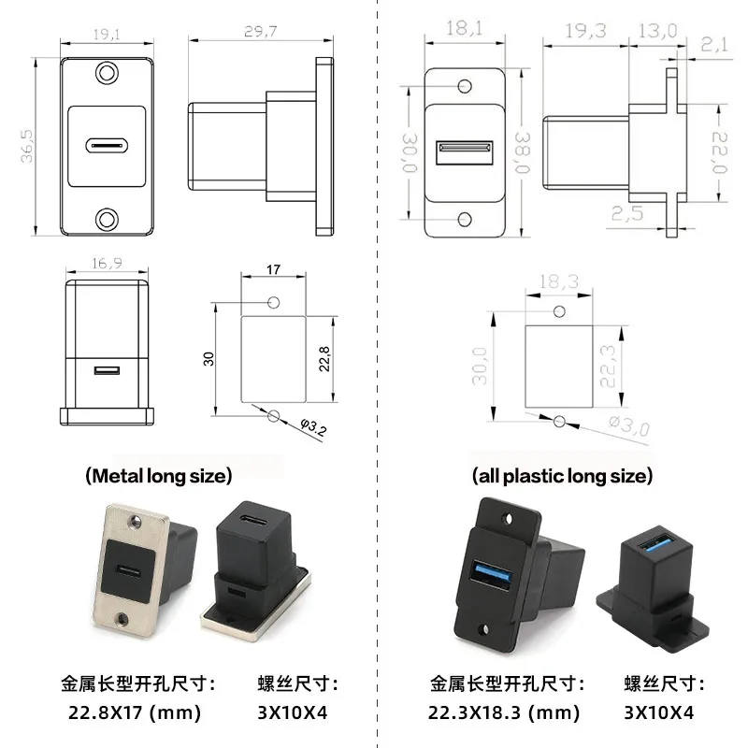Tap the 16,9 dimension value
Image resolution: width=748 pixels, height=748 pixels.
pos(107,265)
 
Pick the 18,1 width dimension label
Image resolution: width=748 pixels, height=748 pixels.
pos(464,29)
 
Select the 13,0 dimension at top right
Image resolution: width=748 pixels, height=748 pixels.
pos(656,30)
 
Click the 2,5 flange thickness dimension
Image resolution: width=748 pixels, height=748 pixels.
pos(628,214)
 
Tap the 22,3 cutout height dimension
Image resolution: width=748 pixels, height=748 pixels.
pos(610,365)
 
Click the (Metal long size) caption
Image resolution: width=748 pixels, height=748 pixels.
pos(158,476)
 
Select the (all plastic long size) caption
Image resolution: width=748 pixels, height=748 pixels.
pos(561,476)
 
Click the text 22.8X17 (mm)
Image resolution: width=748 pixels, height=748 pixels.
pos(135,712)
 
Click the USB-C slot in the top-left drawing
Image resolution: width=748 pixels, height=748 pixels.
pos(108,146)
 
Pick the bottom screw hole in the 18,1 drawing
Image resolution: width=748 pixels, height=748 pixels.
pos(465,219)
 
